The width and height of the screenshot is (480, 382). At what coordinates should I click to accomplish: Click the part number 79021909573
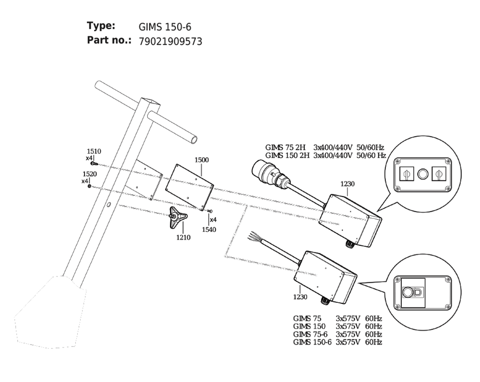pyautogui.click(x=170, y=41)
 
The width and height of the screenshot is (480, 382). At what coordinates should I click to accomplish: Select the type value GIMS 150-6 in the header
pyautogui.click(x=165, y=27)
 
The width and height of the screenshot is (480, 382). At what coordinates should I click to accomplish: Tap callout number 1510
pyautogui.click(x=94, y=151)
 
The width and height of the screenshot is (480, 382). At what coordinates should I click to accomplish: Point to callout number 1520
pyautogui.click(x=90, y=174)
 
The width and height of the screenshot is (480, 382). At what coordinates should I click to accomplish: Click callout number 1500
pyautogui.click(x=202, y=160)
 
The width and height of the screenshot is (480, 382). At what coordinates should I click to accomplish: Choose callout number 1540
pyautogui.click(x=209, y=229)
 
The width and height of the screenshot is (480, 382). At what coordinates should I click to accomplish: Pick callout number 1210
pyautogui.click(x=183, y=237)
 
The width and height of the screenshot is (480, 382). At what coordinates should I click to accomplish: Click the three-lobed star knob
pyautogui.click(x=178, y=217)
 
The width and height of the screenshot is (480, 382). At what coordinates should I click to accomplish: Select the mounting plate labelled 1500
pyautogui.click(x=189, y=187)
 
